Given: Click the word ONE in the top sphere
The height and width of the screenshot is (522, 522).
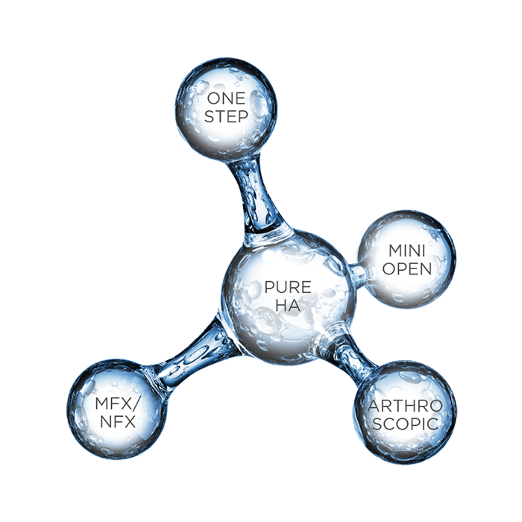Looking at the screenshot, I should pos(226,98).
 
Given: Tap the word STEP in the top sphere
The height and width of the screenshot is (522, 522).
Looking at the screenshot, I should pos(226,118).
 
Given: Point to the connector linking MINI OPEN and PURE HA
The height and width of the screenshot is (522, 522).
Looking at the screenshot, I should pos(356,274).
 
